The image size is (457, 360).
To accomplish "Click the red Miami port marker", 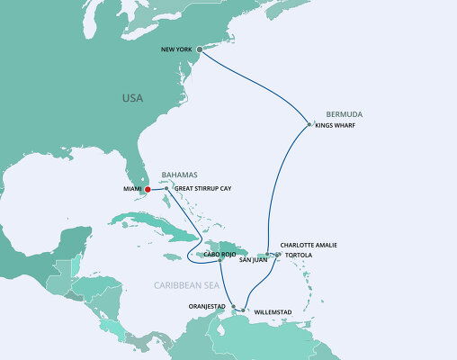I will (x=148, y=189).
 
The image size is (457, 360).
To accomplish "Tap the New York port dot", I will (x=200, y=50).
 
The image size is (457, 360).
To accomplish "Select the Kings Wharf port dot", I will (x=309, y=124).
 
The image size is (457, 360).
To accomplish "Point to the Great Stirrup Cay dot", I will (x=166, y=188).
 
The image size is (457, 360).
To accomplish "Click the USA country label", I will (x=134, y=97).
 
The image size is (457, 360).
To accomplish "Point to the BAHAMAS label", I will (x=179, y=175).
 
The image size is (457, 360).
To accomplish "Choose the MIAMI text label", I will (x=132, y=189).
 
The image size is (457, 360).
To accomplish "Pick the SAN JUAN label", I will (x=254, y=260).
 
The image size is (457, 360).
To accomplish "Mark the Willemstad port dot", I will (x=243, y=310).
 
